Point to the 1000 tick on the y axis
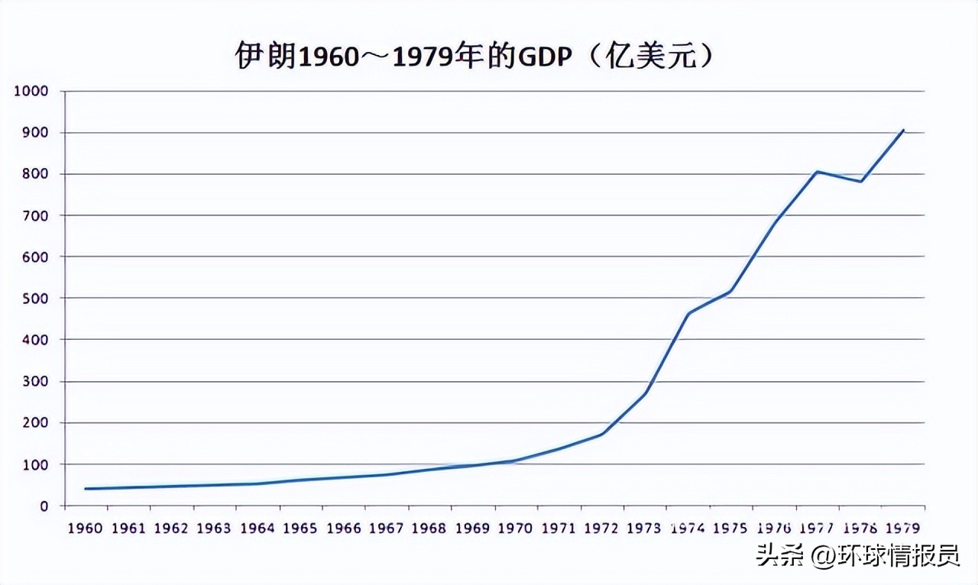click(31, 91)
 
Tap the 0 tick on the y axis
click(44, 506)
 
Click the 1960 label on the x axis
click(86, 528)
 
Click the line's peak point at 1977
click(818, 171)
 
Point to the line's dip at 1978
click(861, 181)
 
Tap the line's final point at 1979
click(904, 130)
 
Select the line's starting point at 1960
click(86, 489)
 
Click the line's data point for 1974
click(688, 313)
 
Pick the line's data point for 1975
click(731, 291)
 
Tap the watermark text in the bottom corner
click(858, 556)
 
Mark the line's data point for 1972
click(603, 434)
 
